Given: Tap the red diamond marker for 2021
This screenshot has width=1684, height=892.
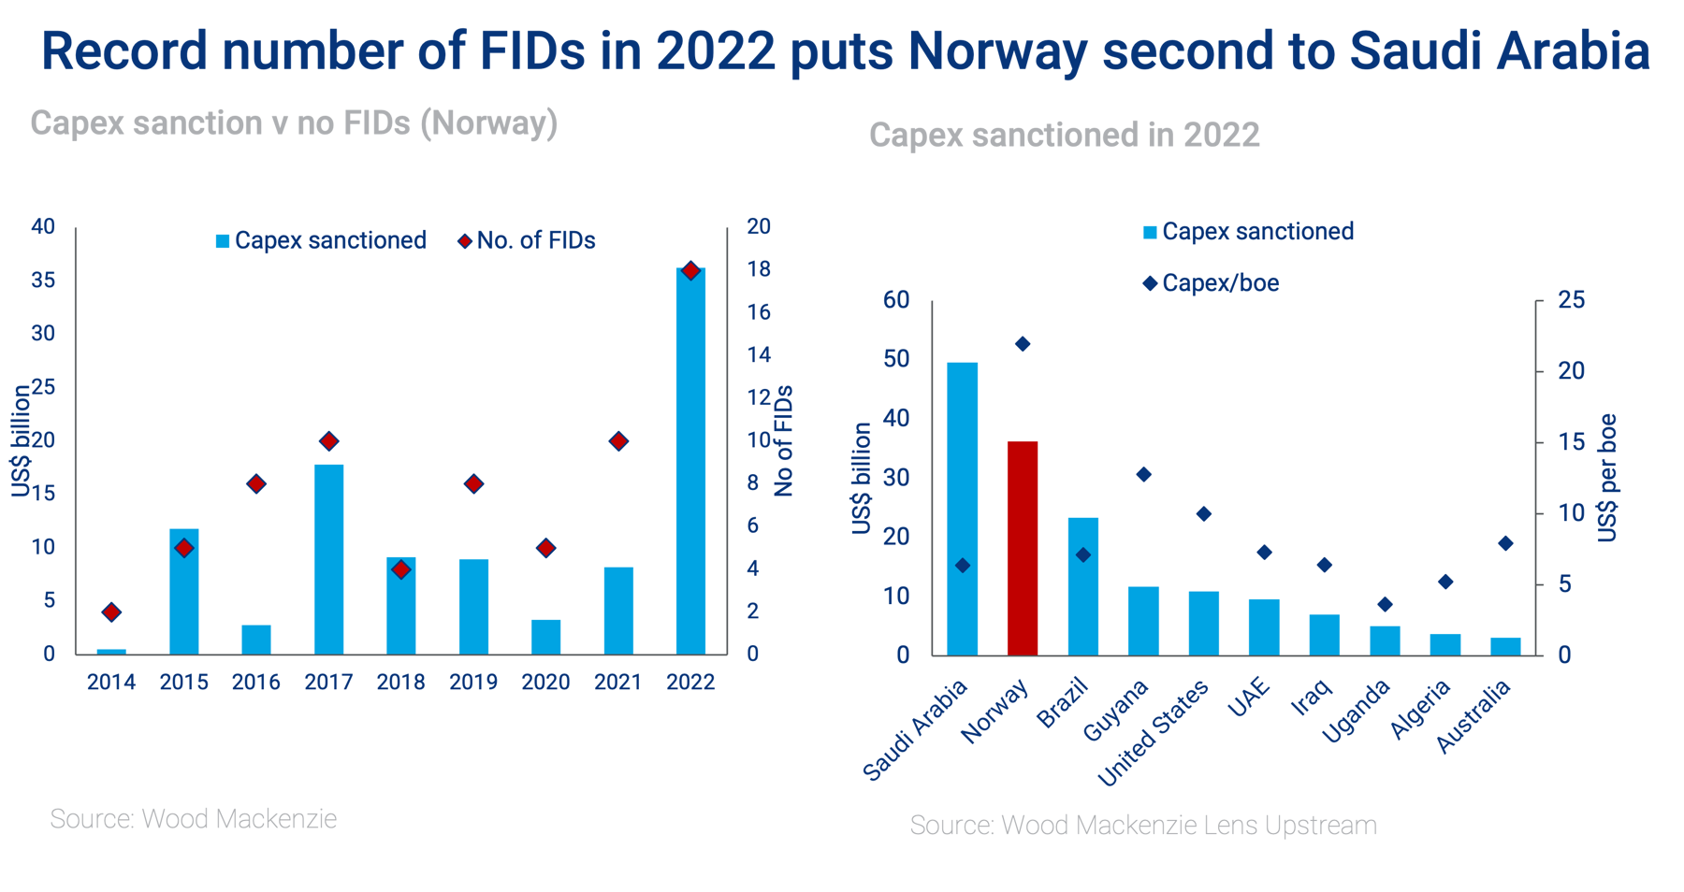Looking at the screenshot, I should pyautogui.click(x=618, y=440).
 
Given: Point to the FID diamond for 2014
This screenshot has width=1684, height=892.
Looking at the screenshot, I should pyautogui.click(x=111, y=612).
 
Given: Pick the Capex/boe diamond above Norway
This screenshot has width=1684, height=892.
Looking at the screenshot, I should pyautogui.click(x=1023, y=344).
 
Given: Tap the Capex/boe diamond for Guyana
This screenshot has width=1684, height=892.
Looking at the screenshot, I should pyautogui.click(x=1143, y=475).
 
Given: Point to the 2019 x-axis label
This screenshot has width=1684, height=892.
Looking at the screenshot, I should pyautogui.click(x=473, y=683).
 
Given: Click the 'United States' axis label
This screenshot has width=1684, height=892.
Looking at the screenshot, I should pyautogui.click(x=1154, y=733).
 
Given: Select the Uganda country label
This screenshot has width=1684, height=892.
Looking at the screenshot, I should pyautogui.click(x=1356, y=712).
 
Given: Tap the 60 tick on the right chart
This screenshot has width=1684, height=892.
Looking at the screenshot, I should pyautogui.click(x=896, y=300).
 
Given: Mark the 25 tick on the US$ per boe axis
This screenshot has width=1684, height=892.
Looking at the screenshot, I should pyautogui.click(x=1571, y=300).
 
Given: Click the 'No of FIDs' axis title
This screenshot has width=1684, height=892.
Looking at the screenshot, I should pyautogui.click(x=784, y=440).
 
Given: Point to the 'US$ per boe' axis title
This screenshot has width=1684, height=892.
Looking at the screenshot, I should pyautogui.click(x=1607, y=477).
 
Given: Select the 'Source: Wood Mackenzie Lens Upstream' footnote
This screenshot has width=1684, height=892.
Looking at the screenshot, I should pyautogui.click(x=1143, y=826).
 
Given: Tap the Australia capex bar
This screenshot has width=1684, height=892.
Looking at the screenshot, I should pyautogui.click(x=1505, y=646).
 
